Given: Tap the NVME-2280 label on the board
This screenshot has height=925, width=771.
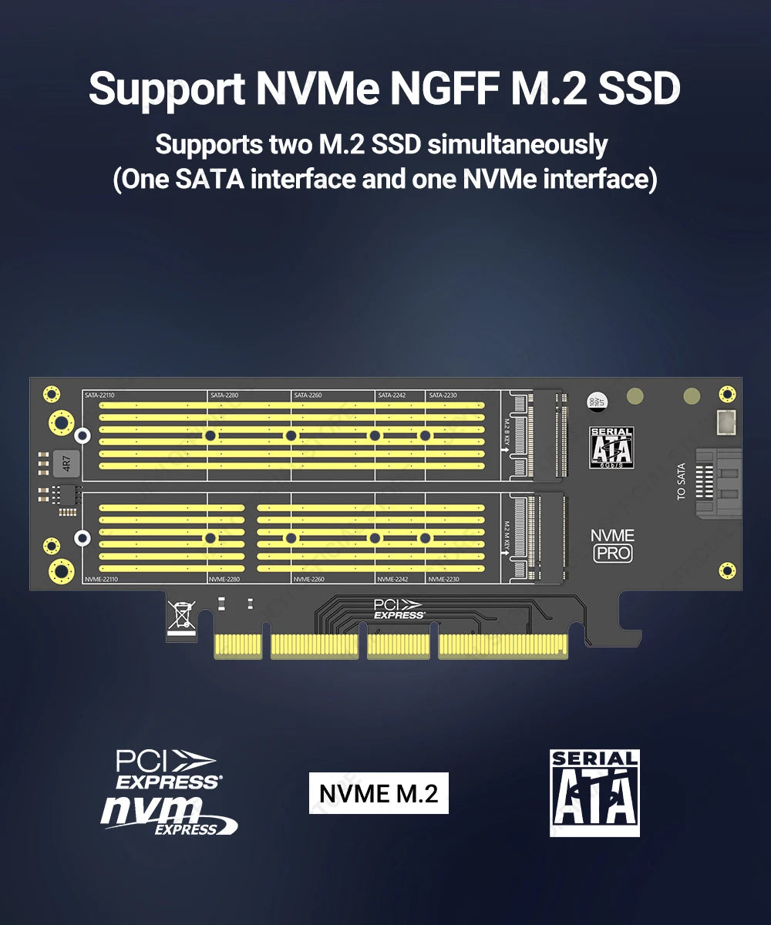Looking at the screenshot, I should pos(224,578).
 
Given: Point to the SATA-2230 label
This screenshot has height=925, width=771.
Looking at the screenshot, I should pos(443,395).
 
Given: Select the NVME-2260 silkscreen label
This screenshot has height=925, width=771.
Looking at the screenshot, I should pos(308,578).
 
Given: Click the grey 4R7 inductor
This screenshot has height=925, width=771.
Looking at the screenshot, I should pos(66,464).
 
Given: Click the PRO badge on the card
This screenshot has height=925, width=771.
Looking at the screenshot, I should pos(613,553).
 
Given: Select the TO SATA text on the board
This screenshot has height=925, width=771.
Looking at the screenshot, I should pos(681,481).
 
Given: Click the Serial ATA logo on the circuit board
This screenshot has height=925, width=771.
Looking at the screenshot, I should pos(611,447).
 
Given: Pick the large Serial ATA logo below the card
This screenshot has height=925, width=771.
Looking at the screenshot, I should pos(594,792).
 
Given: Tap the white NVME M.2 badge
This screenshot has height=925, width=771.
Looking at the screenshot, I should pos(379,793).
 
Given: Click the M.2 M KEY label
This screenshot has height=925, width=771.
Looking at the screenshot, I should pos(507,535).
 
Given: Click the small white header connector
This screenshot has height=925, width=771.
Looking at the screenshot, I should pos(724,422).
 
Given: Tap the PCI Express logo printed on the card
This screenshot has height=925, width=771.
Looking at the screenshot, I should pos(399,609).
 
